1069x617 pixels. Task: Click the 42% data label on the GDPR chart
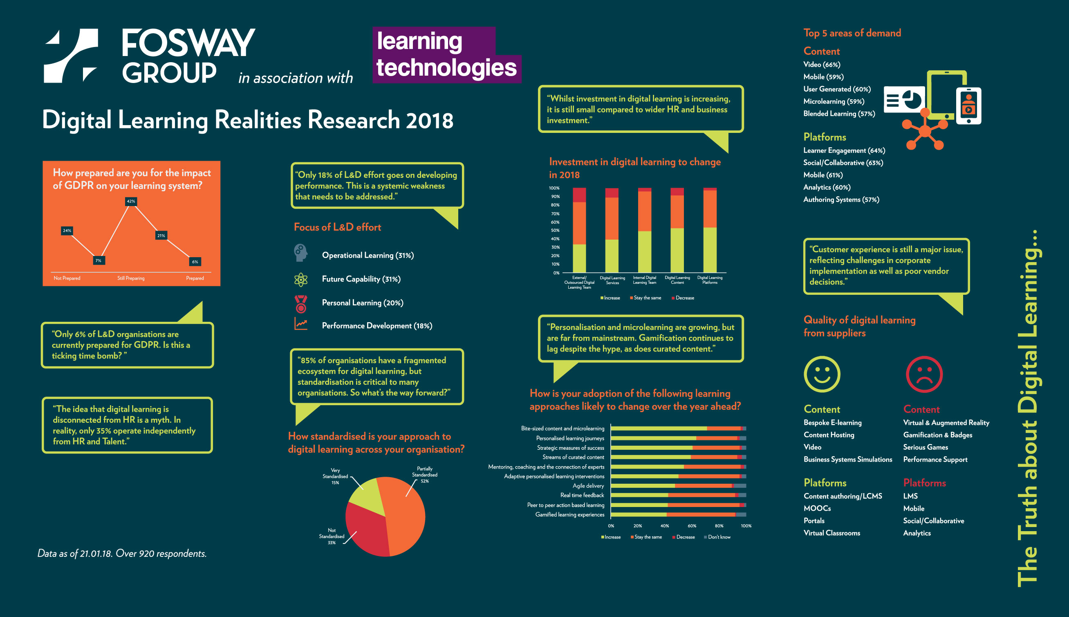tap(131, 201)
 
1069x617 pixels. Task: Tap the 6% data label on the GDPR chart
tap(195, 261)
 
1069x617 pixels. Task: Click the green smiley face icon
tap(822, 374)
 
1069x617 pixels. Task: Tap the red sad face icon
tap(924, 374)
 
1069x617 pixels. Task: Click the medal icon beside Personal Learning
tap(301, 303)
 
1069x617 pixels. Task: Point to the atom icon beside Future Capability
tap(301, 279)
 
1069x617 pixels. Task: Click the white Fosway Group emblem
tap(71, 56)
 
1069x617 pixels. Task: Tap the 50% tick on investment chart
tap(555, 231)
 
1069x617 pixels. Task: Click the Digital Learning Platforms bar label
tap(710, 280)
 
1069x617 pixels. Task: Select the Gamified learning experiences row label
tap(569, 514)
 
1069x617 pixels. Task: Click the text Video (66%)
tap(822, 65)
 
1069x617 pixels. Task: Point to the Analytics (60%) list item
tap(827, 187)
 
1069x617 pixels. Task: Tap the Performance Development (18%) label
tap(377, 326)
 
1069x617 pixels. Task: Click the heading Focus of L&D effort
tap(338, 227)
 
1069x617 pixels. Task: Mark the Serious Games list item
tap(926, 447)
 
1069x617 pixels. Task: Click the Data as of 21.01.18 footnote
tap(122, 554)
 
